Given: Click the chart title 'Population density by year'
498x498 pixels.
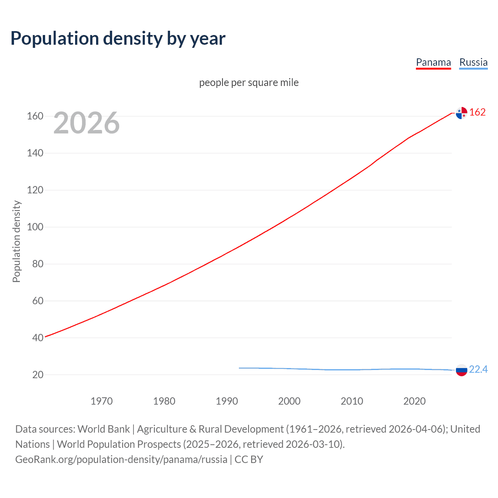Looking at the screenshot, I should point(118,38).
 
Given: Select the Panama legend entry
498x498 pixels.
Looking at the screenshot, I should point(433,62).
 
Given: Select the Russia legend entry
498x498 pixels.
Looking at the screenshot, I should point(473,62).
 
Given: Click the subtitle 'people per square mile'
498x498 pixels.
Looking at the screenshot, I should point(249,82).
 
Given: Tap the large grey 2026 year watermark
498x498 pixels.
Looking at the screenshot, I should point(86,123).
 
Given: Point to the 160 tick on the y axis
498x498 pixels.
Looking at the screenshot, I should point(35,116).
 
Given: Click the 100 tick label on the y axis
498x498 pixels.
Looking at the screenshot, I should point(35,227).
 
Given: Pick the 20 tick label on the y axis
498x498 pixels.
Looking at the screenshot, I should point(38,375).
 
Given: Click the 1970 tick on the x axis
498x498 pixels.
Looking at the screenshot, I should point(102,401).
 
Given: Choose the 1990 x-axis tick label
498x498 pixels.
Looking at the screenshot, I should point(227,401).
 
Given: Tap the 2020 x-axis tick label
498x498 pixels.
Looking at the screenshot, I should point(414,401).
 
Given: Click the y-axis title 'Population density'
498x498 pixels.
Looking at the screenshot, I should point(16,241).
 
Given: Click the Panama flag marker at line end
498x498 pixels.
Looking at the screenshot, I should point(461,113).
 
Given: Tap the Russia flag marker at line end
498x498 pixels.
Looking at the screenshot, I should point(461,370).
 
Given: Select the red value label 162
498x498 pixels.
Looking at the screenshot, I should point(477,112).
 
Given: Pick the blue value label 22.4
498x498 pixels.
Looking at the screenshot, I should point(478,369).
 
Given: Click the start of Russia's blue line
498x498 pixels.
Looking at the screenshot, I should point(240,368).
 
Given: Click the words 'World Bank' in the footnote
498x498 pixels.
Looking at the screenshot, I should point(103,429).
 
